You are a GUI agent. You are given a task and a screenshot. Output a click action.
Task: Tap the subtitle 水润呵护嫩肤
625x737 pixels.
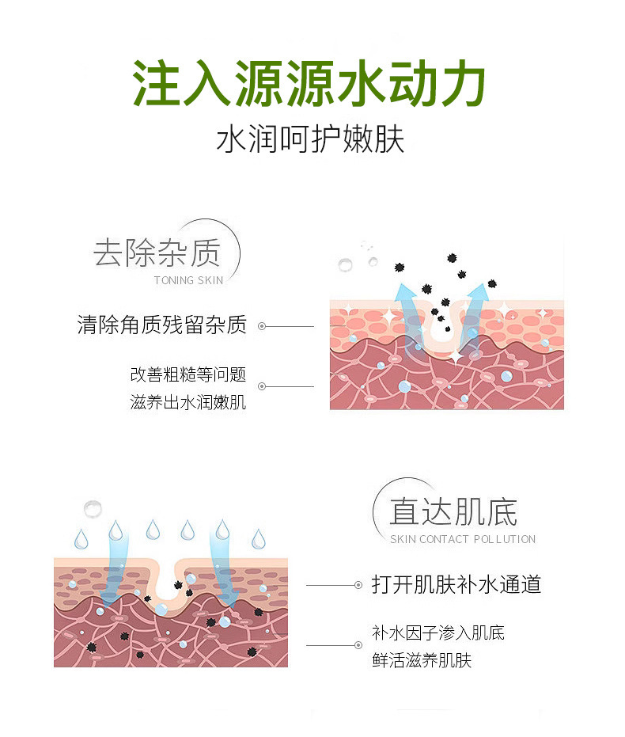310,140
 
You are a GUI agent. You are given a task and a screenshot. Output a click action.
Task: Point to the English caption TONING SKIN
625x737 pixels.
188,280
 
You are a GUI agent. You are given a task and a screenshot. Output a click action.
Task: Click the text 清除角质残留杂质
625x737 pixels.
162,325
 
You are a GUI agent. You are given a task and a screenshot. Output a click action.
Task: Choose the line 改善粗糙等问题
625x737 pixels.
188,374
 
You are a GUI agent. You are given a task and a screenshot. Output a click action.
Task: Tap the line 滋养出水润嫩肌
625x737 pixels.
188,402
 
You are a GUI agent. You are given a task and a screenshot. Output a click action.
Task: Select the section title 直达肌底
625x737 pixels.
453,511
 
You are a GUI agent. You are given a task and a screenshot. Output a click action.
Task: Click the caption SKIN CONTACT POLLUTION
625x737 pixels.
463,539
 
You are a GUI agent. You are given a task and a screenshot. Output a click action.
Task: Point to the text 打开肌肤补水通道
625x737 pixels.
456,585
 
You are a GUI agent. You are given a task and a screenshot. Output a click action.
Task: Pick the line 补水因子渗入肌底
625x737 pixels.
438,632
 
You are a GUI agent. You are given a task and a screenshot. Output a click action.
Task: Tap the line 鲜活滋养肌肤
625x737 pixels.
422,660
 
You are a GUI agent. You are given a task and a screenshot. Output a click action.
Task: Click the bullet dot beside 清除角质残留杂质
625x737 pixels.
262,325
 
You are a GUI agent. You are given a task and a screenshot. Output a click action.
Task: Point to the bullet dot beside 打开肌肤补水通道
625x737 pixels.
358,585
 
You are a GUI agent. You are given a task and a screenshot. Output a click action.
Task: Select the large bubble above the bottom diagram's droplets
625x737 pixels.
93,507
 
